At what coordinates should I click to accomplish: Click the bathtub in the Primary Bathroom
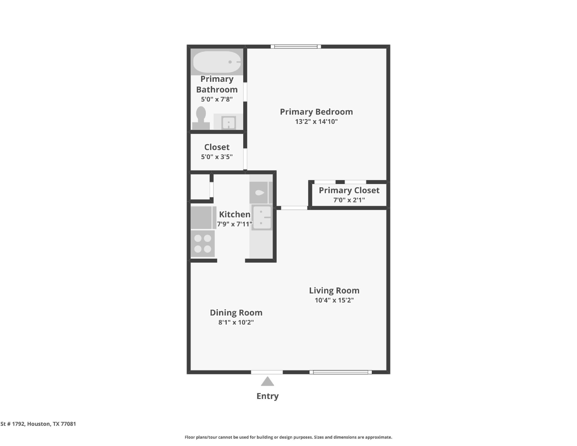coord(217,62)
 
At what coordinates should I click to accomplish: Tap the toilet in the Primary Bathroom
coord(201,118)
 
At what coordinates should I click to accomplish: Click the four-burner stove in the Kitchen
coord(203,244)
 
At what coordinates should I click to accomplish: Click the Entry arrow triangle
coord(267,381)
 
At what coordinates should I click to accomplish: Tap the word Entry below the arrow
coord(267,396)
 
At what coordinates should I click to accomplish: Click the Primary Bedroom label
coord(316,112)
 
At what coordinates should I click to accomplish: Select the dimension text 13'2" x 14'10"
coord(316,122)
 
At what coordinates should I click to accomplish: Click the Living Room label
coord(334,291)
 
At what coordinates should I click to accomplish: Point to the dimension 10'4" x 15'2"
coord(334,300)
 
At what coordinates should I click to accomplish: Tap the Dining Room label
coord(236,313)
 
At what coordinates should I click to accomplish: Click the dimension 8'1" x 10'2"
coord(236,322)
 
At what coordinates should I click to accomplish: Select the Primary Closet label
coord(349,190)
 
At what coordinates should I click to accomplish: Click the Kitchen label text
coord(235,214)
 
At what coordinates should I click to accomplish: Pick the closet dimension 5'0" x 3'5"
coord(217,157)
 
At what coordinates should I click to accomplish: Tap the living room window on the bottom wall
coord(341,372)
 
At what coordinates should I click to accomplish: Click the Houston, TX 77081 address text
coord(52,424)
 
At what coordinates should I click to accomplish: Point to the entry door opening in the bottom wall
coord(267,372)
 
